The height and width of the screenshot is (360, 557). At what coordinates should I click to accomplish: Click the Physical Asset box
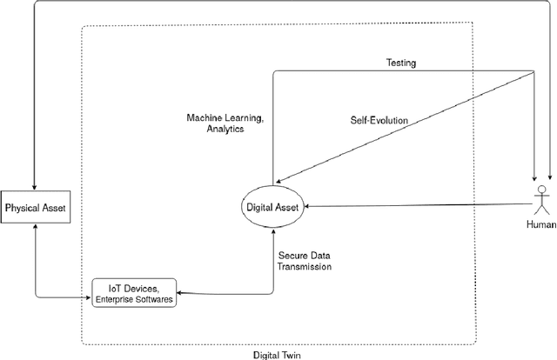[x=35, y=208]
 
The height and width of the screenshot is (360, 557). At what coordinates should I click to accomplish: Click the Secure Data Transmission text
[x=305, y=262]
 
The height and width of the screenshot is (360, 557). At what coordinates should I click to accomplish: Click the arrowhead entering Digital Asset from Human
[x=303, y=206]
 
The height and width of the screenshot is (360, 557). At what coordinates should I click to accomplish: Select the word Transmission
[x=305, y=268]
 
